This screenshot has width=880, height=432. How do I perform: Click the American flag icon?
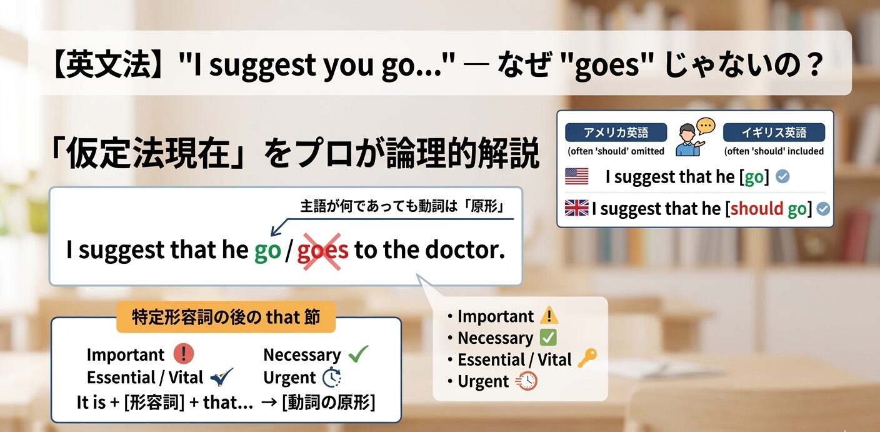click(576, 176)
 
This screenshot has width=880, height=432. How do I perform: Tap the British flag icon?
click(576, 208)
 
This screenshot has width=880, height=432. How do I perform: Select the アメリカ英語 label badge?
click(616, 133)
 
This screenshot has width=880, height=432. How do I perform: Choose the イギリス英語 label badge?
click(774, 133)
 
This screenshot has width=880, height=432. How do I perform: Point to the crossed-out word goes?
click(322, 251)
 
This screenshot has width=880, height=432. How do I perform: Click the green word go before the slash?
click(267, 251)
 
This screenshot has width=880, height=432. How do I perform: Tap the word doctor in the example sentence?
click(464, 250)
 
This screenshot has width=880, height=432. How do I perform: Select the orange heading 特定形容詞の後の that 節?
click(226, 318)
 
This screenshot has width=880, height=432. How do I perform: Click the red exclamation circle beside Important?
click(183, 354)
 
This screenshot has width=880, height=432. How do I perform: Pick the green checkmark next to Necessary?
click(358, 354)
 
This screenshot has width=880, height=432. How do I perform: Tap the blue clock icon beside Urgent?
click(331, 378)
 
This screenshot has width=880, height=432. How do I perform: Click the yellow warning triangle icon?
click(549, 316)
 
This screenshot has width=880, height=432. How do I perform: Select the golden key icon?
click(587, 358)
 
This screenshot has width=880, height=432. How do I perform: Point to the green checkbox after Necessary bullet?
click(547, 338)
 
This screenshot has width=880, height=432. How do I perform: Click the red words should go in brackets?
click(768, 208)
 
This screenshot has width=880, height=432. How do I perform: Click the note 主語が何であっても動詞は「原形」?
click(402, 207)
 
